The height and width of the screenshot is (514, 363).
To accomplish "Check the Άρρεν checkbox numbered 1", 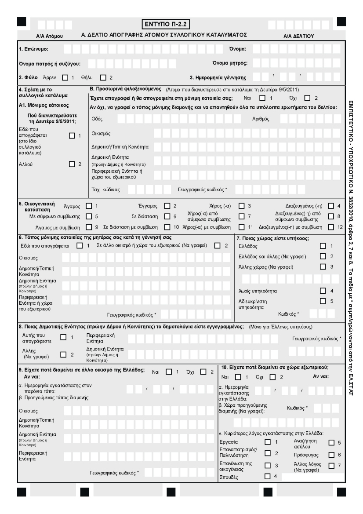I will pos(65,78).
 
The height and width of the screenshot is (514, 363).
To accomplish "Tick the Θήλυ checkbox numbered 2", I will pos(104,78).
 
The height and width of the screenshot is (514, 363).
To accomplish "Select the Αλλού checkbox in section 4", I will pos(72,164).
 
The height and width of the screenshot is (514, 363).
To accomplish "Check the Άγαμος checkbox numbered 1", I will pos(89,206).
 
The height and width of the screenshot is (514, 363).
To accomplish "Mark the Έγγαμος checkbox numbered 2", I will pos(167,206).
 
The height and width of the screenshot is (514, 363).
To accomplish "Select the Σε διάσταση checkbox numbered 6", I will pos(167,216).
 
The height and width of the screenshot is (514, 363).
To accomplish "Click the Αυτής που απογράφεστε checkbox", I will pos(62,337).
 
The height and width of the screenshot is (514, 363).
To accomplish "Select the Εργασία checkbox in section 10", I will pos(268,442).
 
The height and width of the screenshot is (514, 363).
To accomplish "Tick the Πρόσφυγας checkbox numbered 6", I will pos(331,454).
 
